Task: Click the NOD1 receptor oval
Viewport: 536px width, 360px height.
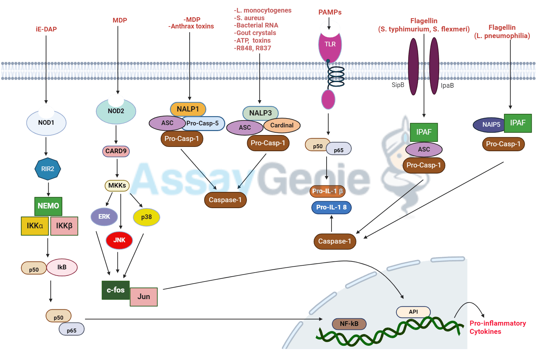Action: point(46,123)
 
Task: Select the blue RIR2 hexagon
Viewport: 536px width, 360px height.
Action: point(48,169)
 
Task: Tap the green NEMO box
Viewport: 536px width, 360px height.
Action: point(48,206)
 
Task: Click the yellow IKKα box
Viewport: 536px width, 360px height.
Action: point(35,226)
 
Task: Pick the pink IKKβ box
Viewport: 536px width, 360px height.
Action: point(64,226)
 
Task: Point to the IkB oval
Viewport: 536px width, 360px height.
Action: point(62,267)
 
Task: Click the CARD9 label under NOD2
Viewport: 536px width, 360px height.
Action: point(116,151)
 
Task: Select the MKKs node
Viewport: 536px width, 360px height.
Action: point(117,185)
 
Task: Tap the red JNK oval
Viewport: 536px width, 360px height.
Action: point(119,240)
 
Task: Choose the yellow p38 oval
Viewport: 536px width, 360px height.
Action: point(146,217)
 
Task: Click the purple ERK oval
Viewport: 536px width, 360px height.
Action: point(104,217)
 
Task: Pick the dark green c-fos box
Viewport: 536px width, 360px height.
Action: point(115,290)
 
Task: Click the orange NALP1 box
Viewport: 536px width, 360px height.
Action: point(188,109)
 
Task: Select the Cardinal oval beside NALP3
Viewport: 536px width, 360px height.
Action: point(282,125)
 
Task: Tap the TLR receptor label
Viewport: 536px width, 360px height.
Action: point(330,44)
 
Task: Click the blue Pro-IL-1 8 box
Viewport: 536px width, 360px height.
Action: point(331,207)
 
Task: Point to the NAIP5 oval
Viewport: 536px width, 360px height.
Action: point(491,125)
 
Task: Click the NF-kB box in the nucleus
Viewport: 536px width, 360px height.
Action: point(349,324)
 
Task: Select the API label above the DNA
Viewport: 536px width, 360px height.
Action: point(413,312)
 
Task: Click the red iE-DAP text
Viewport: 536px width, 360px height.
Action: point(46,29)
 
